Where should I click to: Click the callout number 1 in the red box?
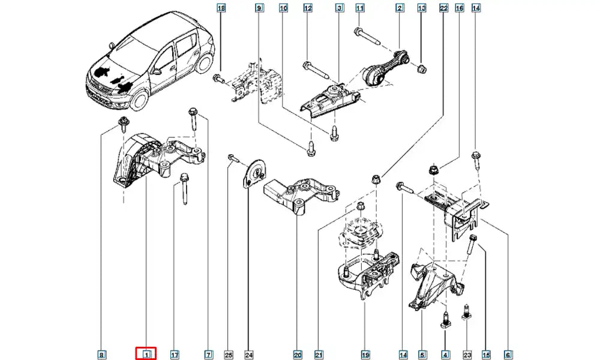145,355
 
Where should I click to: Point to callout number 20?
298,355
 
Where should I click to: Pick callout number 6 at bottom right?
509,355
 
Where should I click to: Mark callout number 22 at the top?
443,8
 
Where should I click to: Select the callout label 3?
339,8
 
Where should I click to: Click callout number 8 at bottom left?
101,355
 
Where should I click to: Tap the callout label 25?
228,355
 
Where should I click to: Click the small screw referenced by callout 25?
232,158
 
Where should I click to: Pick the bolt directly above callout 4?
445,319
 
